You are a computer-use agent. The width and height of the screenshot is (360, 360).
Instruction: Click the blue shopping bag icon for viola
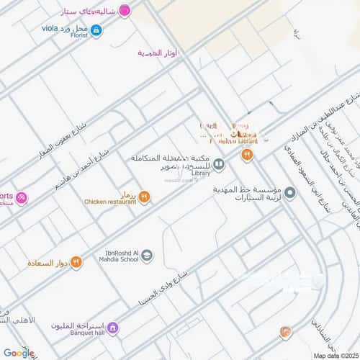click(96, 30)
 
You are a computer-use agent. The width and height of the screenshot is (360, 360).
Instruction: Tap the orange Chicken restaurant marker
click(144, 197)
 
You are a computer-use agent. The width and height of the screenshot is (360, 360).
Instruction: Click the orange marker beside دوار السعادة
click(76, 261)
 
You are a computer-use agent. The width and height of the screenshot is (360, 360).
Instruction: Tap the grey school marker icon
click(147, 254)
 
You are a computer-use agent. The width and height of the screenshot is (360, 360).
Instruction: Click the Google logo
click(19, 353)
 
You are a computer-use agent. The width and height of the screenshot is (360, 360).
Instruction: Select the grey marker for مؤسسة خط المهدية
click(290, 193)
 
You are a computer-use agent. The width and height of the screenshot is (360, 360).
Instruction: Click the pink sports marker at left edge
click(22, 197)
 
